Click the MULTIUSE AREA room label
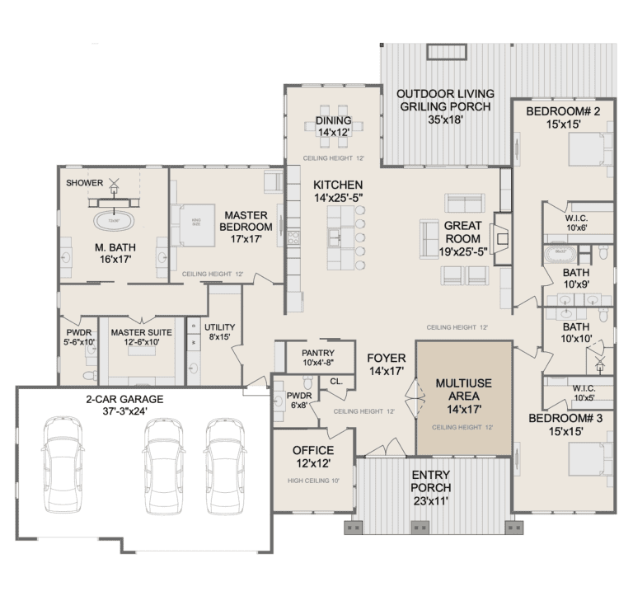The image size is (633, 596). (463, 396)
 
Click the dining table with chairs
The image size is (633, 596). (333, 124)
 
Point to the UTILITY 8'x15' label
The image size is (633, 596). (220, 332)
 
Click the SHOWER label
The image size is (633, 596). (84, 183)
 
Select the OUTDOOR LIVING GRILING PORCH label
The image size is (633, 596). (444, 106)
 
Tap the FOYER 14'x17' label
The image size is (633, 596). (387, 364)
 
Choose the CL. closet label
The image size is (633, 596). (336, 381)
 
